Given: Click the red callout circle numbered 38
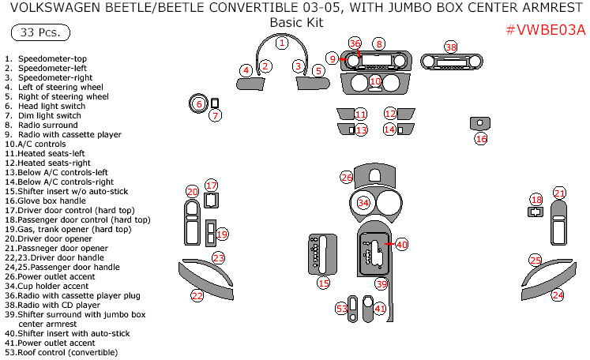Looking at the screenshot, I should click(451, 47).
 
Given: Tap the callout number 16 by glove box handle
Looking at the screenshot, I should click(481, 138).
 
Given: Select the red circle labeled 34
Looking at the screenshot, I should click(363, 203).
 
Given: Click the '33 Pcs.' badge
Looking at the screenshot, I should click(39, 33).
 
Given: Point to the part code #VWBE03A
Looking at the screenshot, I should click(545, 31).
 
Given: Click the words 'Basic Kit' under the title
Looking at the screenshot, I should click(296, 22).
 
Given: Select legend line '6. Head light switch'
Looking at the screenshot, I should click(45, 107).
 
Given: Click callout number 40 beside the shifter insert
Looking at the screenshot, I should click(402, 245).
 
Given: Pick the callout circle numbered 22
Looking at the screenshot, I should click(197, 295).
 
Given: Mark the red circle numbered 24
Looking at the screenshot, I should click(558, 295).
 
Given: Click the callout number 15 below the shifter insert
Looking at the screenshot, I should click(324, 283).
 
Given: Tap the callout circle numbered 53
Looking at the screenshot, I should click(342, 309).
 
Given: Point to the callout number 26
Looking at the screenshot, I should click(347, 178).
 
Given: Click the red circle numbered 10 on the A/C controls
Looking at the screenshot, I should click(375, 81).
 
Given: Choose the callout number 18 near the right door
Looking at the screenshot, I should click(536, 200).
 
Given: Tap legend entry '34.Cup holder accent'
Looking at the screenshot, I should click(54, 287).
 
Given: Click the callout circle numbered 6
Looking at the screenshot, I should click(198, 104).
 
